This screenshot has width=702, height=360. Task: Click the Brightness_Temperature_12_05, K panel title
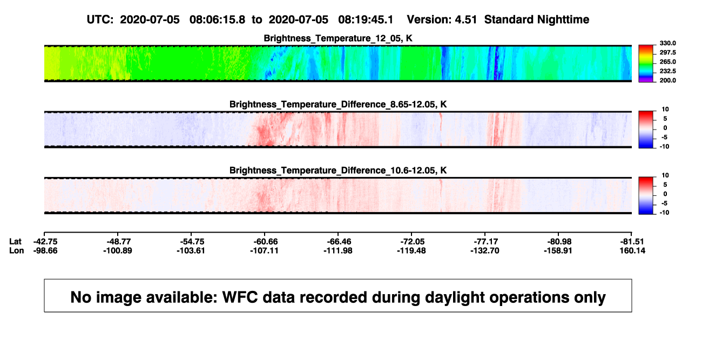click(x=338, y=38)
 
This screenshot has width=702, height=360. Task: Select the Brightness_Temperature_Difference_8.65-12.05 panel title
click(x=338, y=104)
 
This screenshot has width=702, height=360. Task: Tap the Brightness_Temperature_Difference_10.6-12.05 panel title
click(x=338, y=171)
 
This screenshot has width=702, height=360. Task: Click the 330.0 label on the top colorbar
click(x=667, y=43)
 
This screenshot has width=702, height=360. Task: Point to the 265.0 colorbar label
click(x=667, y=62)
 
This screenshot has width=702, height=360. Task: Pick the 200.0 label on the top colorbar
click(x=667, y=80)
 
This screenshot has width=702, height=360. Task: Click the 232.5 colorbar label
click(x=667, y=71)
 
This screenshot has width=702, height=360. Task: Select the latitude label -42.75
click(x=45, y=242)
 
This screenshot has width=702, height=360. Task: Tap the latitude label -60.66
click(x=264, y=242)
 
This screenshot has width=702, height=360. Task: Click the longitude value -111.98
click(x=338, y=250)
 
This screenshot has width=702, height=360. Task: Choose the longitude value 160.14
click(x=632, y=250)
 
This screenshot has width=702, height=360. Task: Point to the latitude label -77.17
click(x=485, y=242)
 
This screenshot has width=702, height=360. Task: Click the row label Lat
click(x=15, y=242)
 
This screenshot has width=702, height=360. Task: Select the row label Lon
click(x=17, y=250)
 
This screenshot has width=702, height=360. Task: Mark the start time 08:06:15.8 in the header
click(x=217, y=20)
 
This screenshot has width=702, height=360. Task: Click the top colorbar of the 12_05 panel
click(x=646, y=64)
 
